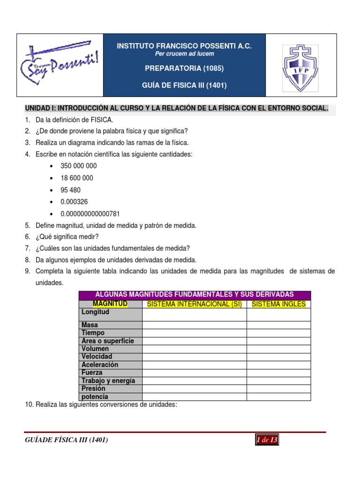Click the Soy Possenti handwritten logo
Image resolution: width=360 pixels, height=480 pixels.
(x=60, y=65)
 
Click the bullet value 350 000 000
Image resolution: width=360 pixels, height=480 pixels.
(x=78, y=166)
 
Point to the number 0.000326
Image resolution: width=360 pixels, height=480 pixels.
(x=74, y=202)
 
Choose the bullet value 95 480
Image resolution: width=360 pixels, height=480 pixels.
(x=70, y=190)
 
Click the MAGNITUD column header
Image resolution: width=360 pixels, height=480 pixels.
(x=110, y=304)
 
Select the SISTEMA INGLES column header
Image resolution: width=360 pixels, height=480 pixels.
(x=278, y=304)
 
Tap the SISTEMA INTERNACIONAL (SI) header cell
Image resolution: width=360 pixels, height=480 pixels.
(x=194, y=304)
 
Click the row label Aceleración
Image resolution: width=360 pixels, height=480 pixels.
(x=100, y=365)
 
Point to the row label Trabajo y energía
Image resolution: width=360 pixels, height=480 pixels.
(x=108, y=381)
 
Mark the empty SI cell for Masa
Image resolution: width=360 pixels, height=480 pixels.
(x=194, y=325)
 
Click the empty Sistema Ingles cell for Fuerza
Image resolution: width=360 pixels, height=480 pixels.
(x=278, y=373)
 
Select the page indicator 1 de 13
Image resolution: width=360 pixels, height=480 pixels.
(x=267, y=440)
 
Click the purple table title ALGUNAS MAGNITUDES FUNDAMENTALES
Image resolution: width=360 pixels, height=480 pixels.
(x=194, y=294)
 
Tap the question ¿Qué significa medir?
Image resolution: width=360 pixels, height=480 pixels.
(x=67, y=237)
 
